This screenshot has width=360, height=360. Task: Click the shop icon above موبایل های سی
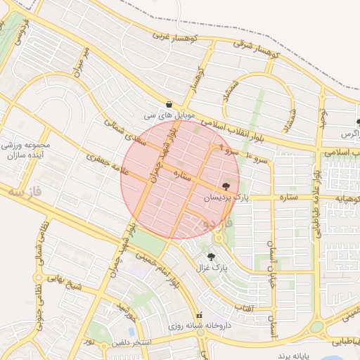point(169,103)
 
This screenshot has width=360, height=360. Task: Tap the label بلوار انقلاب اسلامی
point(239,129)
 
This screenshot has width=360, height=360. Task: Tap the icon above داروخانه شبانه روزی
point(199,316)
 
